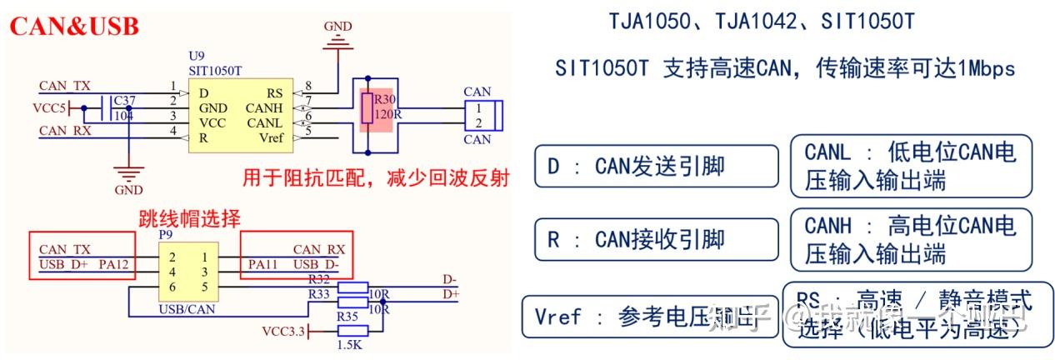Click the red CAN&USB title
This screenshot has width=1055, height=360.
tap(74, 27)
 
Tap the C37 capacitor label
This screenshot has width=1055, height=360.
tap(123, 100)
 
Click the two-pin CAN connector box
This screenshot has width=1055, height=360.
tap(482, 115)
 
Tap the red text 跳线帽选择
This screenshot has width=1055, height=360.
tap(188, 220)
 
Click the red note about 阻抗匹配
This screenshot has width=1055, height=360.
tap(375, 178)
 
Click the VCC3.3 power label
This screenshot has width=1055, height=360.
tap(284, 332)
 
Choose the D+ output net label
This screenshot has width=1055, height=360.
tap(450, 294)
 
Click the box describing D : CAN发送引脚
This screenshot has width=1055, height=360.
tap(656, 166)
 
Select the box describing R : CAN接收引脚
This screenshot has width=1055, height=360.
tap(656, 240)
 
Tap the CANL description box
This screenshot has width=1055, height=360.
tap(910, 166)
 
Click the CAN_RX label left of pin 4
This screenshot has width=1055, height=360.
tap(65, 131)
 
